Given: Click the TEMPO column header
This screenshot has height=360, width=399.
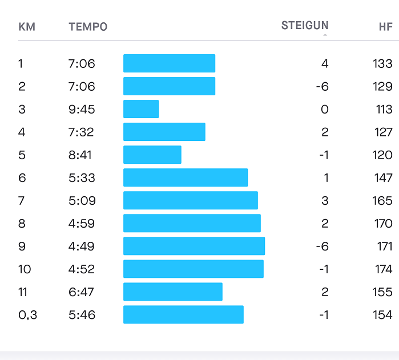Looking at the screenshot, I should click(x=88, y=27).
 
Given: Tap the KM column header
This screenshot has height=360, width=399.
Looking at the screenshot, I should click(x=27, y=27).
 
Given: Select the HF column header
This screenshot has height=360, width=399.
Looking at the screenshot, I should click(x=385, y=27).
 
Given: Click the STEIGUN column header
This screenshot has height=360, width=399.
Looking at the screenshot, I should click(x=305, y=26).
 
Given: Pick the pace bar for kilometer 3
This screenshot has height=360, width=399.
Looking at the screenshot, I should click(x=141, y=109).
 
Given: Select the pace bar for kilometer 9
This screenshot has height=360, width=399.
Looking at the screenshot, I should click(x=194, y=246).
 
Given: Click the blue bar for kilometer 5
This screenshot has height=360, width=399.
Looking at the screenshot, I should click(x=152, y=155).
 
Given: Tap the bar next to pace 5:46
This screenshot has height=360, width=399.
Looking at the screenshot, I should click(x=183, y=314).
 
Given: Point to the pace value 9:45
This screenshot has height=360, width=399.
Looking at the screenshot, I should click(x=82, y=109).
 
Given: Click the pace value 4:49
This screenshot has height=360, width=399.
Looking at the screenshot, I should click(x=82, y=246).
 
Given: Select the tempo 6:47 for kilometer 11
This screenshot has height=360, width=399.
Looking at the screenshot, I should click(x=82, y=292).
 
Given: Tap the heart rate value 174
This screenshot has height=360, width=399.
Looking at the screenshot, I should click(x=383, y=269).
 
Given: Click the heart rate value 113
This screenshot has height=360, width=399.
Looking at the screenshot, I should click(x=384, y=109).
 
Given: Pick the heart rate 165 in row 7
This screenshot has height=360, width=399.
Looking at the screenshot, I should click(x=383, y=200).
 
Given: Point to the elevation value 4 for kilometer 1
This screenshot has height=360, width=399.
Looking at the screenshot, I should click(x=325, y=63).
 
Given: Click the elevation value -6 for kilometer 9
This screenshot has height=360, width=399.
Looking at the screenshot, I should click(x=322, y=246).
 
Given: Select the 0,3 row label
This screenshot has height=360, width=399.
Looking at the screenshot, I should click(x=27, y=314).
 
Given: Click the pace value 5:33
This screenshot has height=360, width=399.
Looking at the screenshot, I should click(x=82, y=177).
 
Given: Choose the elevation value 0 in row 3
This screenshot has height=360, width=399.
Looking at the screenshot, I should click(x=325, y=109).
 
